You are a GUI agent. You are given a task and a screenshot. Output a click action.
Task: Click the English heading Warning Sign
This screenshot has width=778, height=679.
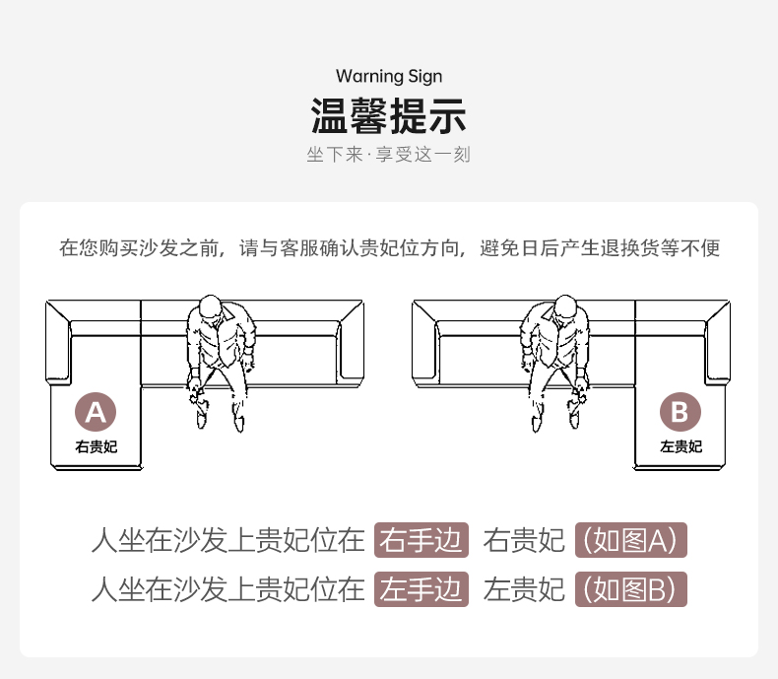pos(389,76)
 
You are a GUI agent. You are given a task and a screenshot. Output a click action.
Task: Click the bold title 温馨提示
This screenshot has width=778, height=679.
pos(389,115)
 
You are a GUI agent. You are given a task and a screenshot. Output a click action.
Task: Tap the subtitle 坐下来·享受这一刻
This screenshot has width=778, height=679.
pos(389,156)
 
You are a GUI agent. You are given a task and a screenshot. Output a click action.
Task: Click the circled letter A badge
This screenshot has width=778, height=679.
pos(96,412)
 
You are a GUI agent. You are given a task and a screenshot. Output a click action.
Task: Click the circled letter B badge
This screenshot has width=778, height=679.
pos(681,412)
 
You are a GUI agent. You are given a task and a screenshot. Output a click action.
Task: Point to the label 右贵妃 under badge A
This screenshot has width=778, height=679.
pos(96,446)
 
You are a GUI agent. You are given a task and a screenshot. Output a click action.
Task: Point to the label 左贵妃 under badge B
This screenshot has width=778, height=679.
pos(681,446)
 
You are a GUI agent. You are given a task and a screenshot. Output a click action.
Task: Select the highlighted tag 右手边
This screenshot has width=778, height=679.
pos(421,540)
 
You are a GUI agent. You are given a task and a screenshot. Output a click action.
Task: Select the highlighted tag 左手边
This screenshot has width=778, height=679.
pos(421,589)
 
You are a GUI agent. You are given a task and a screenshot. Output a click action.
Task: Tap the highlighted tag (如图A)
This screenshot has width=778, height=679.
pos(630,540)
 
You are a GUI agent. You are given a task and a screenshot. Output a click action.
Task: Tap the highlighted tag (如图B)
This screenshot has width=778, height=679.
pos(630,589)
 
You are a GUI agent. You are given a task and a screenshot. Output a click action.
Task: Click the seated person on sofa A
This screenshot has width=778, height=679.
pos(222,360)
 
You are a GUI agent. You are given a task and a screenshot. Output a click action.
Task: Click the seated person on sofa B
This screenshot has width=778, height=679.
pos(555,360)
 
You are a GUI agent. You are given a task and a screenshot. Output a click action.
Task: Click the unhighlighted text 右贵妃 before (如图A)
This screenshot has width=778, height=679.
pos(524,540)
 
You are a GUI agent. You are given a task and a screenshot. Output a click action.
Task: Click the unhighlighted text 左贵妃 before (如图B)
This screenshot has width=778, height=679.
pos(524,589)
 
